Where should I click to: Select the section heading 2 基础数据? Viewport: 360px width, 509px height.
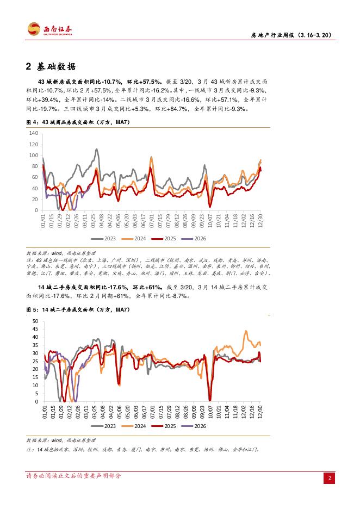[49, 66]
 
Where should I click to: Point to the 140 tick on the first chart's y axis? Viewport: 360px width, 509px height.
[34, 133]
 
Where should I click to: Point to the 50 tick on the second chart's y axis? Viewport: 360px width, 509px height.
[35, 321]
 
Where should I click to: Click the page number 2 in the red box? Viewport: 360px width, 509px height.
[330, 478]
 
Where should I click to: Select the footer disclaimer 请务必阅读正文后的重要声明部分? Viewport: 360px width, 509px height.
[73, 476]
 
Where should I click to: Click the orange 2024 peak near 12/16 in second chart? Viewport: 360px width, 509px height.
[246, 331]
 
